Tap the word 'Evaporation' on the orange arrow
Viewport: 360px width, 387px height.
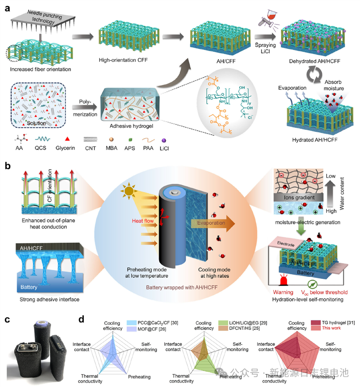(210, 223)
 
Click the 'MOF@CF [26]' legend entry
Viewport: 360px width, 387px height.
(147, 328)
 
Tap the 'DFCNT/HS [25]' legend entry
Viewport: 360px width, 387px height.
(241, 328)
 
